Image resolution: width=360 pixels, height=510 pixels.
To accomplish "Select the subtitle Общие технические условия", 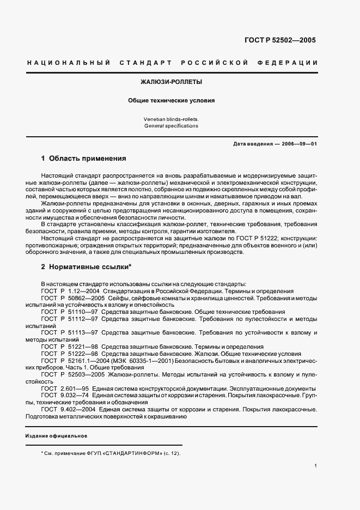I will [x=171, y=100].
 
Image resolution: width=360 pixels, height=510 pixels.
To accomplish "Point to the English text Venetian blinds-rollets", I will [x=171, y=118].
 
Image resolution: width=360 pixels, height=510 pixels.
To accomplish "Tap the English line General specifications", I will [x=171, y=126].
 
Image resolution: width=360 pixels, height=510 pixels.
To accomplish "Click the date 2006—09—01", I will [x=299, y=144].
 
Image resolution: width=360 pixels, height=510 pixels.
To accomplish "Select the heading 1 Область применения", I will [x=83, y=159].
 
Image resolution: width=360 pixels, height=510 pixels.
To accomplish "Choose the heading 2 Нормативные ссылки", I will [x=87, y=269].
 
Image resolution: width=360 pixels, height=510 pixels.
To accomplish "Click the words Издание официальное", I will [x=56, y=436].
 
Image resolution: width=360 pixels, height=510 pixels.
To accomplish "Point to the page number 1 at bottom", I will [x=315, y=465].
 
